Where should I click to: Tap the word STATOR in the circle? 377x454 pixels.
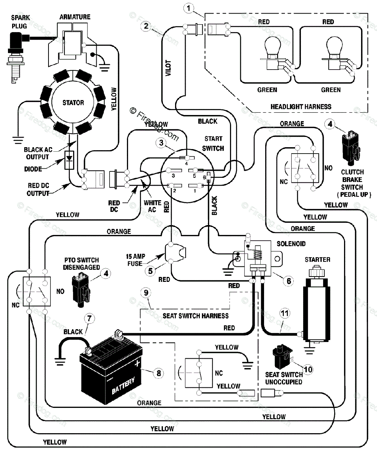coord(73,103)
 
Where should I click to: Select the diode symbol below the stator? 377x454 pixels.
coord(69,160)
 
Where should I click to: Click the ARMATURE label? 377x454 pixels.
coord(75,17)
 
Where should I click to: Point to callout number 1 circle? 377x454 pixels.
coord(188,9)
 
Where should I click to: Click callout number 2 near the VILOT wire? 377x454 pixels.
coord(146,26)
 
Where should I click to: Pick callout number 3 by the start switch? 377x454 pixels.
coord(161,143)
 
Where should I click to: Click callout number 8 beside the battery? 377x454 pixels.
coord(158,373)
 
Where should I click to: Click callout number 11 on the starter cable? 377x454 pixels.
coord(285,314)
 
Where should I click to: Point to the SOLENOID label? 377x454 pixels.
coord(291,244)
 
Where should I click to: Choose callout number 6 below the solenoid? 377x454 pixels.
coord(289,281)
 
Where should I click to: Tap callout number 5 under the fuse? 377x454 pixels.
coord(150,271)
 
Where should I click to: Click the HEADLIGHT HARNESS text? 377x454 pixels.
coord(301,107)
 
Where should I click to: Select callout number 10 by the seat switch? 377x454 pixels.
coord(308,369)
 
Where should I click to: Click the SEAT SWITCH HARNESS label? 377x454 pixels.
coord(196,316)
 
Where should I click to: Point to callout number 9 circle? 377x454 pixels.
coord(146,293)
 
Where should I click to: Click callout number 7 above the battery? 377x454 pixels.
coord(89,319)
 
